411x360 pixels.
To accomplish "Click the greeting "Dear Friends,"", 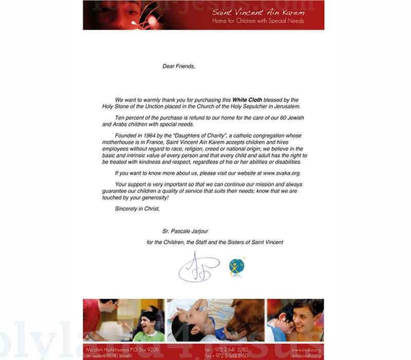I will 179,66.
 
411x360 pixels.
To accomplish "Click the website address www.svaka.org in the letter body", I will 282,173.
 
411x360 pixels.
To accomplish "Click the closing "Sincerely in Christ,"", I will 138,208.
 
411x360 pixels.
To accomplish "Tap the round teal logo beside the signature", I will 236,267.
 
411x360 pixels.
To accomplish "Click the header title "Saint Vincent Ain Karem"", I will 258,12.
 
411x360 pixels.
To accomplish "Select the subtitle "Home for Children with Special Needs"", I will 258,21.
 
